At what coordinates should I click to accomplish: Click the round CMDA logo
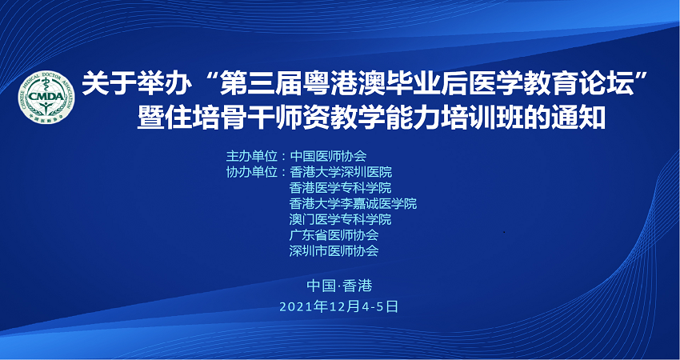click(46, 97)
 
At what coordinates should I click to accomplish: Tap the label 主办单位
click(251, 156)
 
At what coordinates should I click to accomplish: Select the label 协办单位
click(251, 172)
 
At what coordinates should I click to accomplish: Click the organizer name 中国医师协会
click(328, 156)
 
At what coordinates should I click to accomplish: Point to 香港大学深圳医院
click(341, 172)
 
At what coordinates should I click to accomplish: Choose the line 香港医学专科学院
click(341, 188)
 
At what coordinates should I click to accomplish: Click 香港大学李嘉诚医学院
click(353, 203)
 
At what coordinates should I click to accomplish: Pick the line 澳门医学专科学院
click(341, 219)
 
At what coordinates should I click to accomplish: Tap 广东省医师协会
click(334, 235)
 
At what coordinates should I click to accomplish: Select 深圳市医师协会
click(334, 250)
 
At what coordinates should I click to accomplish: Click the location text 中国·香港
click(339, 286)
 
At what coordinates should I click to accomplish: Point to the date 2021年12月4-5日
click(338, 306)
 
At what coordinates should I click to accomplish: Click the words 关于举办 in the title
click(137, 85)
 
